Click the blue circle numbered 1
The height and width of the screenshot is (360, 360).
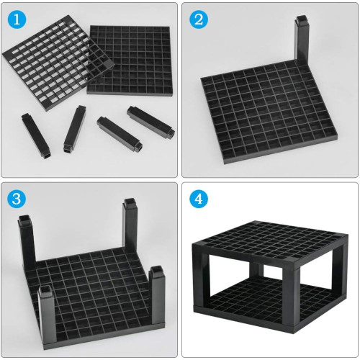(x=17, y=19)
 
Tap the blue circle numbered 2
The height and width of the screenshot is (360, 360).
(x=199, y=19)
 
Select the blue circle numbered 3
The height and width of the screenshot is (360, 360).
(x=17, y=199)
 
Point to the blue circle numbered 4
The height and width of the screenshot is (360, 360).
(x=199, y=199)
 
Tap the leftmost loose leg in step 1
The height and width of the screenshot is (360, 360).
(x=36, y=136)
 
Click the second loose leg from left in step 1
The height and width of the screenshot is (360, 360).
(x=74, y=128)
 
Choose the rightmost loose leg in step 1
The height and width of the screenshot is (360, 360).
(x=150, y=122)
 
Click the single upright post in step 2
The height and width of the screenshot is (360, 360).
(x=302, y=41)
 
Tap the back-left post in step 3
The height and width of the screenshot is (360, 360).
(x=27, y=243)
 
